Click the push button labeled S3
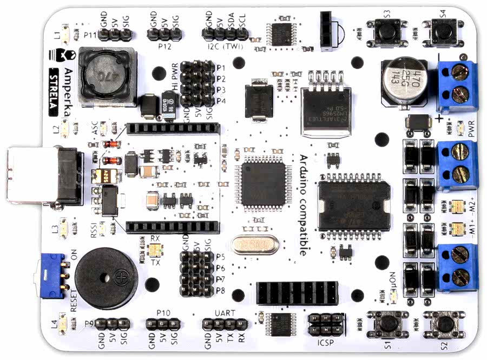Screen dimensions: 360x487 pos(386,31)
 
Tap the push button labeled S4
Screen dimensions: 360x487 pos(442,31)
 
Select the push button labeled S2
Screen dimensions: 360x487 pos(445,324)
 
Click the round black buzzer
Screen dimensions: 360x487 pos(106,278)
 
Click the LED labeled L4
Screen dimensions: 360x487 pos(63,324)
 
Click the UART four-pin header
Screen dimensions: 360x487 pos(225,324)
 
